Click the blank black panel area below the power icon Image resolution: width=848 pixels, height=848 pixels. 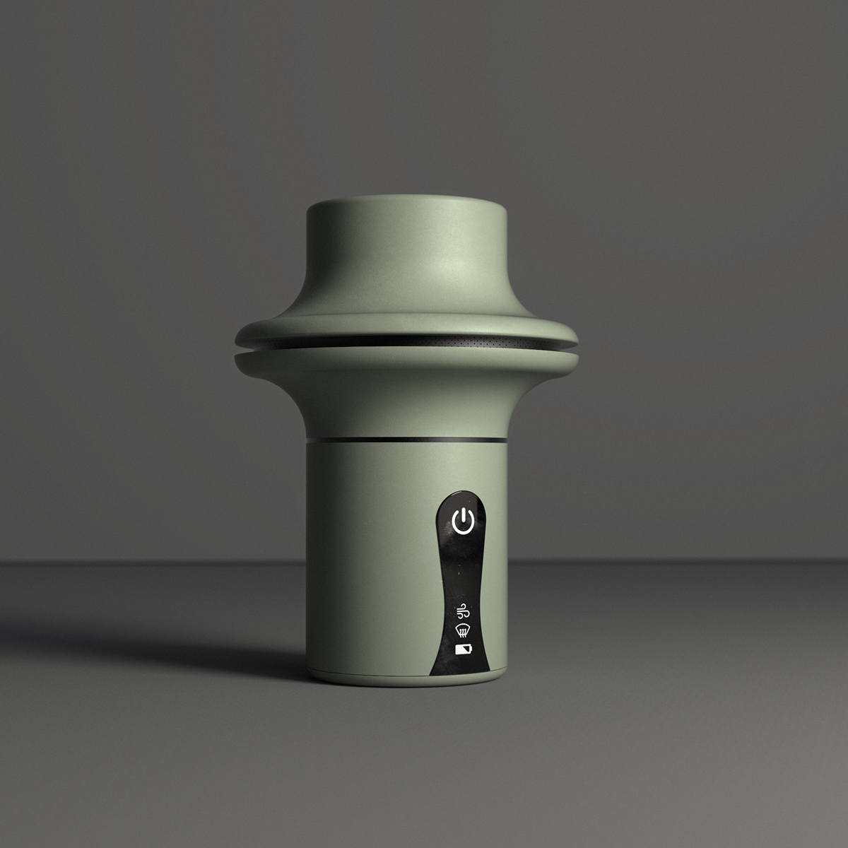(459, 565)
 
